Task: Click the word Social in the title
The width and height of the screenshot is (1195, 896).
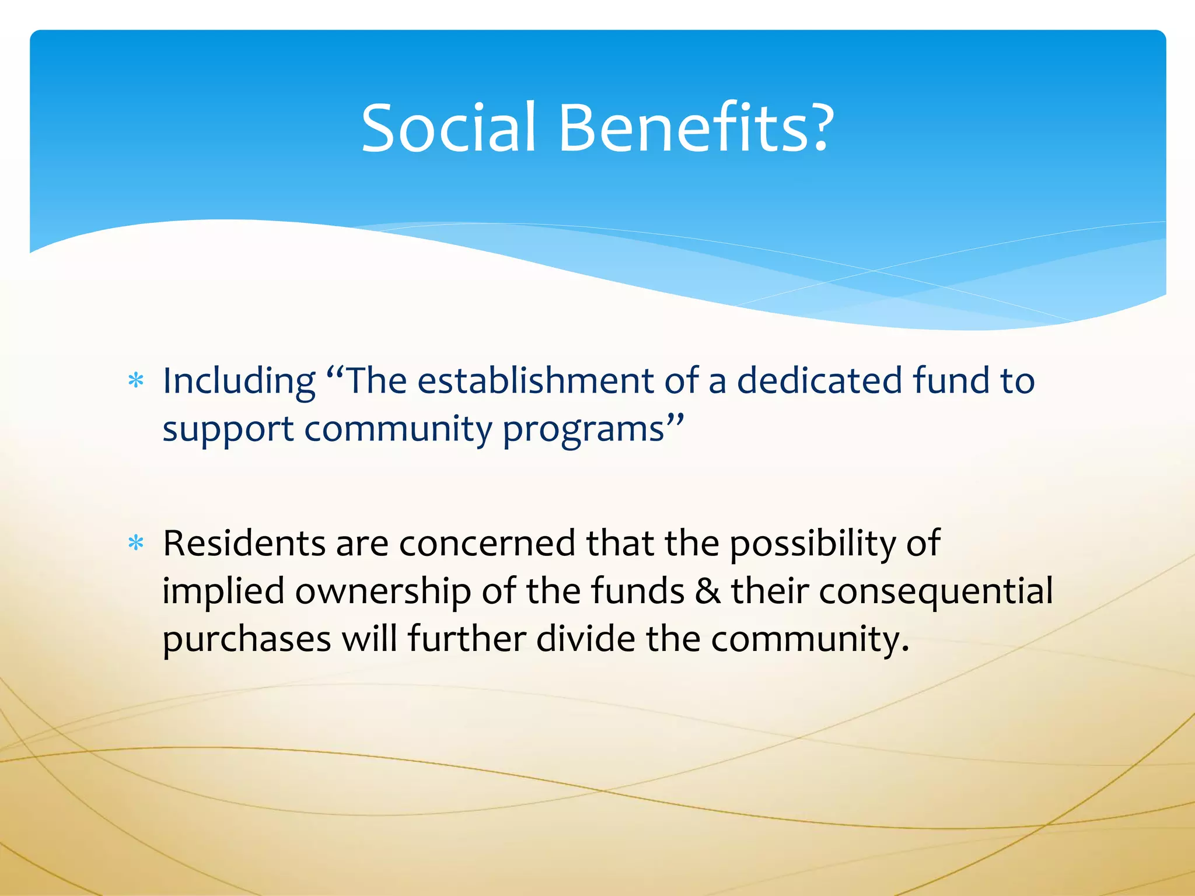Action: pyautogui.click(x=448, y=128)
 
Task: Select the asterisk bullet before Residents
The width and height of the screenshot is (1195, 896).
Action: pyautogui.click(x=136, y=544)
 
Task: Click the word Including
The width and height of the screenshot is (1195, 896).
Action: pyautogui.click(x=239, y=381)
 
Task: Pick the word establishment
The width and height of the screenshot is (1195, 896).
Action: pyautogui.click(x=535, y=381)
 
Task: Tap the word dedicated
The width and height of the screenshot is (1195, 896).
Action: pyautogui.click(x=819, y=381)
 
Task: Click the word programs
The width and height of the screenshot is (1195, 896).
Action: pyautogui.click(x=583, y=430)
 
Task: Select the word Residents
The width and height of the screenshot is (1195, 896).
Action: pyautogui.click(x=244, y=544)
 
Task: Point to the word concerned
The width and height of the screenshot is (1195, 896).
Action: pyautogui.click(x=487, y=544)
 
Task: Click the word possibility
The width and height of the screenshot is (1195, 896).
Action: pyautogui.click(x=812, y=544)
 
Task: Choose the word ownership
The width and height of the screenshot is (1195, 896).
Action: pyautogui.click(x=383, y=591)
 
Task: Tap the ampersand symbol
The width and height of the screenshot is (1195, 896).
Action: pyautogui.click(x=708, y=591)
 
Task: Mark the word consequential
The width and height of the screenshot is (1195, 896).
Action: pyautogui.click(x=936, y=591)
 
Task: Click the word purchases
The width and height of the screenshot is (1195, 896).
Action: pyautogui.click(x=247, y=639)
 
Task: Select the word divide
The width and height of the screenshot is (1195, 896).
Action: pyautogui.click(x=585, y=639)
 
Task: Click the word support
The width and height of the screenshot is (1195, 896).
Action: pyautogui.click(x=228, y=430)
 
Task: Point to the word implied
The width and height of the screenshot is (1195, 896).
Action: pyautogui.click(x=223, y=591)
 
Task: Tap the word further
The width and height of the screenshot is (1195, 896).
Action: pyautogui.click(x=466, y=639)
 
